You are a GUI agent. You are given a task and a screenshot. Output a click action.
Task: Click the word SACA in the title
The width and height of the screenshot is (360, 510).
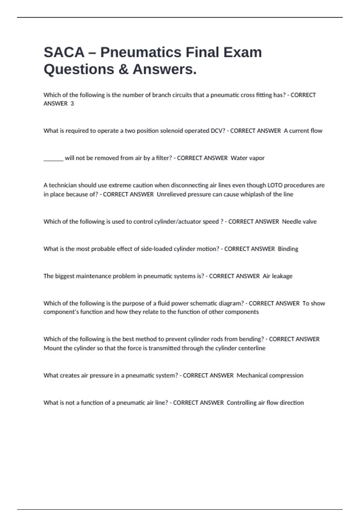(x=64, y=52)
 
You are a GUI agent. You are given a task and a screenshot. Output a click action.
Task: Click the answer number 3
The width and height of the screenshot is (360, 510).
(x=72, y=103)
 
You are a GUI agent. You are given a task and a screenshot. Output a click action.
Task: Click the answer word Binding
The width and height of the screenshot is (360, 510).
(x=288, y=249)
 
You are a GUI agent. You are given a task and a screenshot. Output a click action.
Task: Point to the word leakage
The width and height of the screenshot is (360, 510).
(x=282, y=276)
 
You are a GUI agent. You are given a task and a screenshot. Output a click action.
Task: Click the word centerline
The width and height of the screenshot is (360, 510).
(x=252, y=348)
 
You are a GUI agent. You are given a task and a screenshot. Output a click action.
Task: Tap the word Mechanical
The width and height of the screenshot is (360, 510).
(x=251, y=376)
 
